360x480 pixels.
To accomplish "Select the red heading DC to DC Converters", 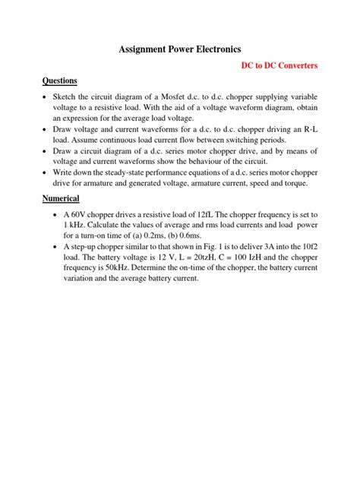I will click(x=279, y=66).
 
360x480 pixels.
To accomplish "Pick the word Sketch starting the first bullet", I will click(x=65, y=99).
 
